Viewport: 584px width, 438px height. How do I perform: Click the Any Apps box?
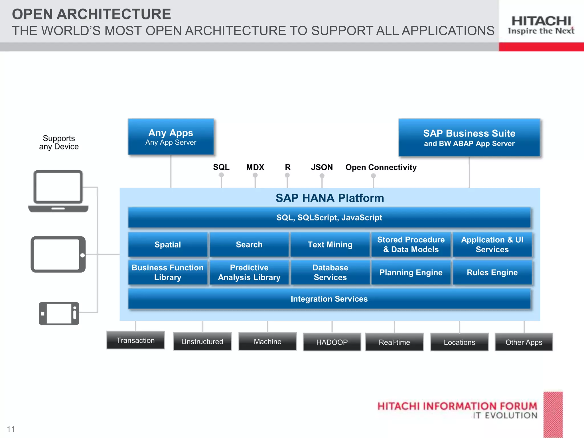click(171, 137)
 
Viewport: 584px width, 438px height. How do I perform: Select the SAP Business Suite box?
click(469, 138)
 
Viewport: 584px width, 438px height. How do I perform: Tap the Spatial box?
click(168, 245)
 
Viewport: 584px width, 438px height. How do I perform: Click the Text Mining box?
click(330, 245)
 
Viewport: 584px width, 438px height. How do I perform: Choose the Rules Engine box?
click(492, 273)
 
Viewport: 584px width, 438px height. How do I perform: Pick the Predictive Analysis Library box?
click(249, 273)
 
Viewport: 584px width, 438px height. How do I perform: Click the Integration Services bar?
click(329, 299)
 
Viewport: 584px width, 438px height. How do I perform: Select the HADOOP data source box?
click(332, 342)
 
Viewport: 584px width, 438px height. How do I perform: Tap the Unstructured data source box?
click(202, 341)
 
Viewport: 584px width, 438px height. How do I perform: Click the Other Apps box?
click(524, 342)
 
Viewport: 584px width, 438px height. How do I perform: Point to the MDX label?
click(255, 167)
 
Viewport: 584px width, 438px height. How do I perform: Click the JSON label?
click(322, 167)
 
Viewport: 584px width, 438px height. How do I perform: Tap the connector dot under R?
click(287, 175)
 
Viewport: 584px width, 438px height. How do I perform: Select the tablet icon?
click(58, 254)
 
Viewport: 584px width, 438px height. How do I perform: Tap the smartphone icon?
click(59, 313)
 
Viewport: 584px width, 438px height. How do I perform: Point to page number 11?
click(11, 429)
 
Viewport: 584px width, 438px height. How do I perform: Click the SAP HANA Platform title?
click(330, 198)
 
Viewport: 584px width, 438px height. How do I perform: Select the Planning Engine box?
click(411, 273)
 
